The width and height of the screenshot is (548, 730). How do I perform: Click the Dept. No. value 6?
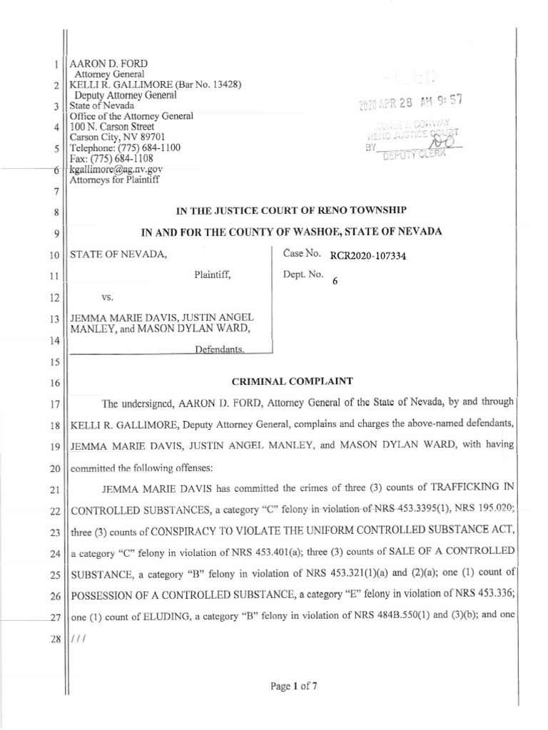(335, 282)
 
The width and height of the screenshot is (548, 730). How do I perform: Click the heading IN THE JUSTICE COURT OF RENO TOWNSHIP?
(291, 210)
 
